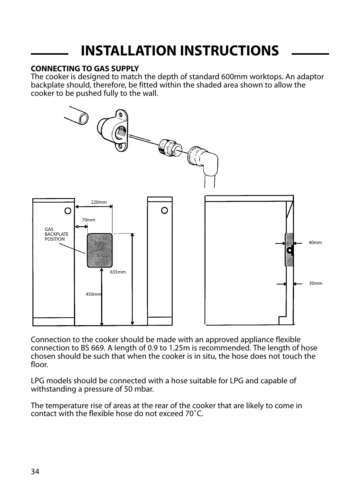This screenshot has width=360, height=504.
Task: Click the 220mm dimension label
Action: pos(99,202)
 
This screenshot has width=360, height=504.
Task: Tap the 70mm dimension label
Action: pos(88,220)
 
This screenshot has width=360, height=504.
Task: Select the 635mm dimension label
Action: pos(118,272)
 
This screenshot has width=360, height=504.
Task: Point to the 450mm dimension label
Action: pos(93,294)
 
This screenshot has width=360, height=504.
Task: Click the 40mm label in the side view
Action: pos(315,243)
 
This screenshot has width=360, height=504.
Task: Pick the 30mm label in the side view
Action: pos(315,283)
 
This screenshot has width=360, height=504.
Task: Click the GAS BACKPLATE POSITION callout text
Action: pos(56,234)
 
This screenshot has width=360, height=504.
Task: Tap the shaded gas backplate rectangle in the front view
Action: pos(100,250)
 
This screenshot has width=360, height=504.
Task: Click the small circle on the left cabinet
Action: pos(68,211)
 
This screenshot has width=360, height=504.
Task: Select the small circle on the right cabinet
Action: pos(164,211)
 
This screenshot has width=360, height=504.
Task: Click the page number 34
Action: pos(35,472)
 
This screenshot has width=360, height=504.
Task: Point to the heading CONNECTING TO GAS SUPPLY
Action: pos(85,69)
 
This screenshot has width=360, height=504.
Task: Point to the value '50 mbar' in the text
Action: pos(139,389)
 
